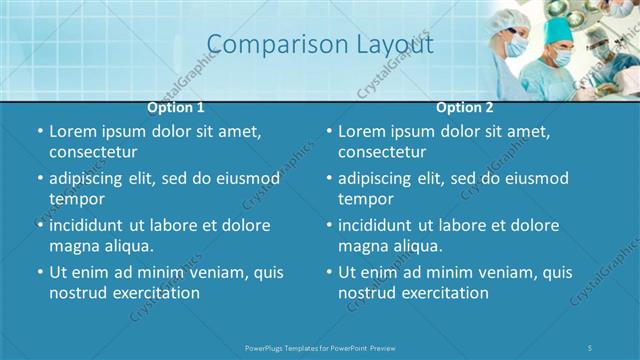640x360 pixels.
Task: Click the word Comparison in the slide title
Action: tap(266, 45)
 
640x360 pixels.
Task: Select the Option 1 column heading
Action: tap(176, 107)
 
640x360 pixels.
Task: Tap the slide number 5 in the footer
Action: tap(590, 346)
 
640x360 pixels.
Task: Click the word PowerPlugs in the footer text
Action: tap(267, 346)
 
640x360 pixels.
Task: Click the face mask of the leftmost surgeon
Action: tap(516, 46)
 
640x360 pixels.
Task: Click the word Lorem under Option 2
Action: tap(362, 131)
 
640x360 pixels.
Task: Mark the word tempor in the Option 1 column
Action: tap(75, 199)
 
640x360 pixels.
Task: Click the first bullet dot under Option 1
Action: tap(40, 132)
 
